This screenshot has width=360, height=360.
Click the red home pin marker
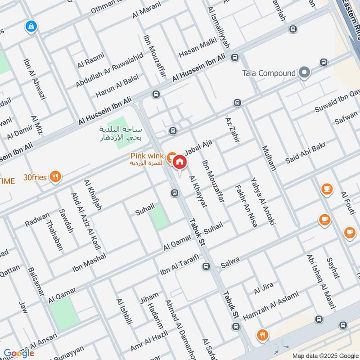point(179,162)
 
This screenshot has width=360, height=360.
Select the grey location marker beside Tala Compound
point(305,72)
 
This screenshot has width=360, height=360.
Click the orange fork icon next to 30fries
point(55,177)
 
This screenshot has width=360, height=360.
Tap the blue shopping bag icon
point(31,26)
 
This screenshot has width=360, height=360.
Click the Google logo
point(18,353)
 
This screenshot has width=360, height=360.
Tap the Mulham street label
point(268,157)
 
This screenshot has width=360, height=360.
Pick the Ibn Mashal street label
point(89,263)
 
